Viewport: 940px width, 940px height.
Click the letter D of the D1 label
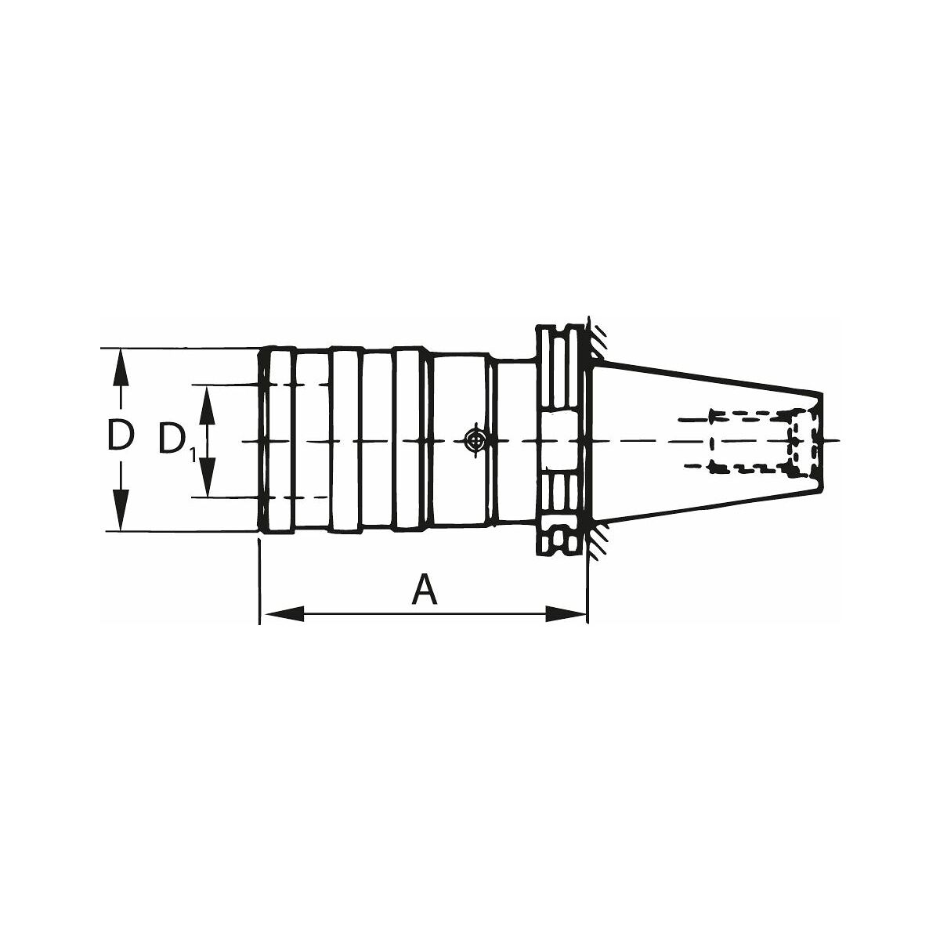[173, 439]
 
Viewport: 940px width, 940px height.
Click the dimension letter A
[424, 589]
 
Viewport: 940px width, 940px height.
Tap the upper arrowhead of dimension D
[121, 369]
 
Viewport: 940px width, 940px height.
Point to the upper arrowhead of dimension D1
[208, 406]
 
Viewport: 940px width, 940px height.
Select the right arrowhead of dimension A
[565, 614]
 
